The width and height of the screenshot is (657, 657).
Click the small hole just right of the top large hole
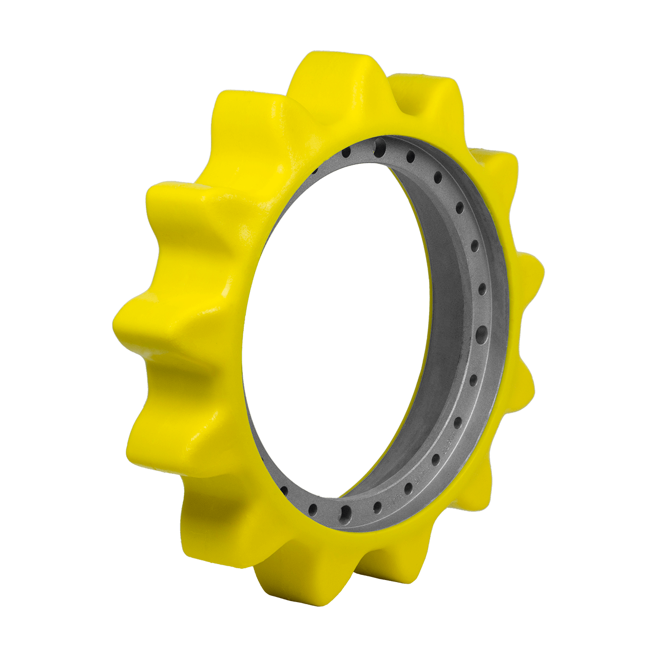tap(411, 156)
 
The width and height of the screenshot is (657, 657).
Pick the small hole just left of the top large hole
tap(346, 152)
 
